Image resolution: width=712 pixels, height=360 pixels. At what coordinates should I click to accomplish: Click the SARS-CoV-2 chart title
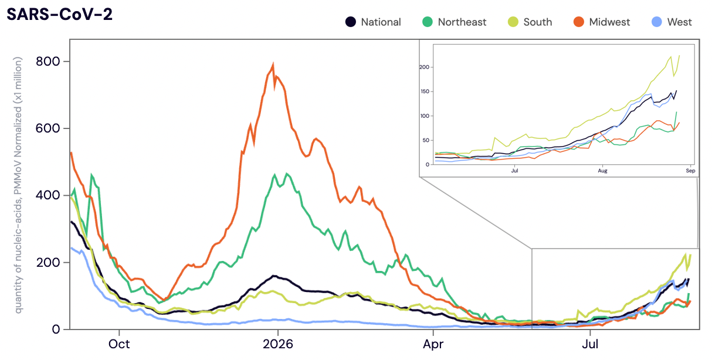tap(59, 14)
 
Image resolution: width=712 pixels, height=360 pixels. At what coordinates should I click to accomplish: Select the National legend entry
tap(373, 22)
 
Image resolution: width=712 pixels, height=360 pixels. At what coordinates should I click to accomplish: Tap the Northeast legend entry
tap(454, 22)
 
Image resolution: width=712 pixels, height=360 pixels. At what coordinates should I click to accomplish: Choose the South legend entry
tap(530, 22)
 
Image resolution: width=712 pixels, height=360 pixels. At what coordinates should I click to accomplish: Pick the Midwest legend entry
tap(602, 22)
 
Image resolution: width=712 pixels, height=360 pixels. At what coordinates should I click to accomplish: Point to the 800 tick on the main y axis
tap(48, 62)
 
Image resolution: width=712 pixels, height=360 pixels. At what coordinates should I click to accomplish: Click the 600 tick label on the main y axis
tap(48, 128)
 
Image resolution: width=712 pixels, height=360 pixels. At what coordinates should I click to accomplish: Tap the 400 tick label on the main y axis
tap(48, 195)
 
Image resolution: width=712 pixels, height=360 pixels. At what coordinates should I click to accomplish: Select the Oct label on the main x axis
tap(119, 344)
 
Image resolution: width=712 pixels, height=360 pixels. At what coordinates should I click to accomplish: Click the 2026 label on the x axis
tap(278, 344)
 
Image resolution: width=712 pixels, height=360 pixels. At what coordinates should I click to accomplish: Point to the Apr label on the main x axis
tap(433, 344)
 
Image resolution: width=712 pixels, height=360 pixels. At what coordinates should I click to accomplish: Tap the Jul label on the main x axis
tap(590, 344)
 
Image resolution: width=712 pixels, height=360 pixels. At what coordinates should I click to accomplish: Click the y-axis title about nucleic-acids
tap(18, 185)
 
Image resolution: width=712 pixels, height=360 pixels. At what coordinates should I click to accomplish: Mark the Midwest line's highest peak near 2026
tap(273, 64)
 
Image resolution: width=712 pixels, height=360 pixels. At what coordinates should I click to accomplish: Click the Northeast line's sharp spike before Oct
tap(92, 175)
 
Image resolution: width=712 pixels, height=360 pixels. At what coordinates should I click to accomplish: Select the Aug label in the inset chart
tap(602, 171)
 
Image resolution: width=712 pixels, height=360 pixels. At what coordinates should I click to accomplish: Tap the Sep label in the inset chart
tap(690, 171)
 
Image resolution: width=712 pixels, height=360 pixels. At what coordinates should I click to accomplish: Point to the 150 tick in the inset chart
tap(425, 91)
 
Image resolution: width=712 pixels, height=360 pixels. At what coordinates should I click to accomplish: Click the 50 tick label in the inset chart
tap(426, 140)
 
